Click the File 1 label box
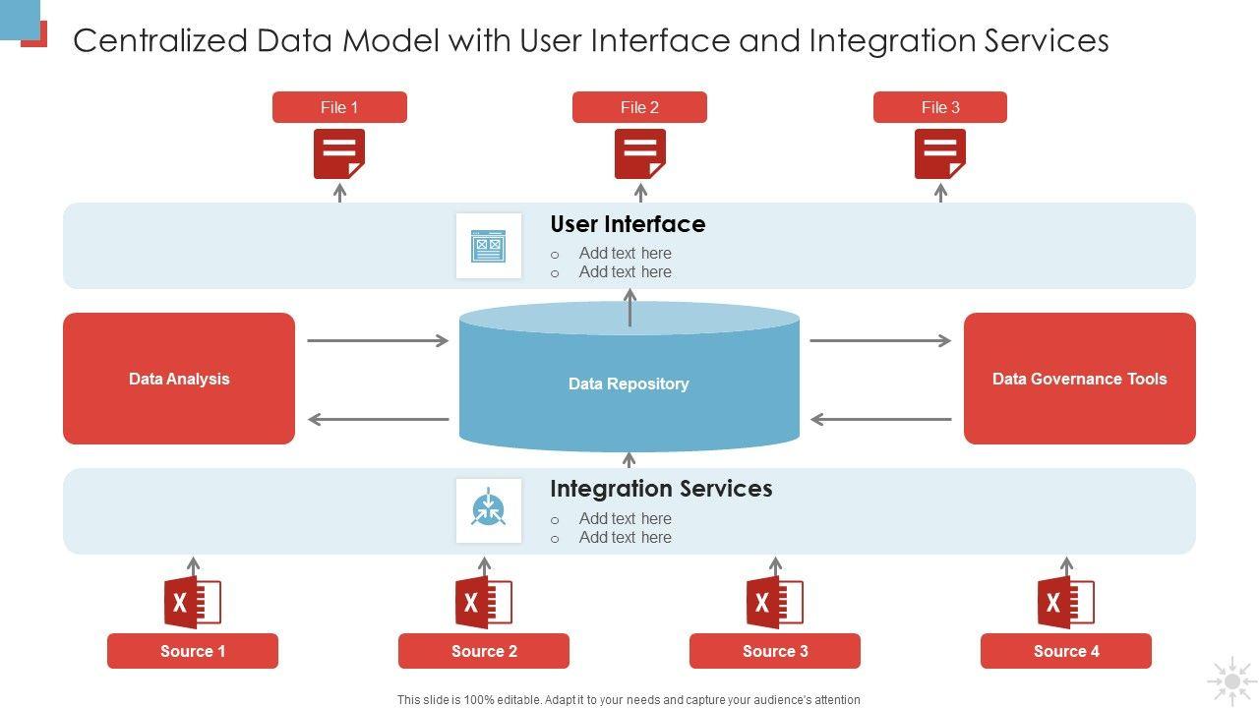point(339,107)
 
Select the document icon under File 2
point(639,154)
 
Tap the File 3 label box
point(939,107)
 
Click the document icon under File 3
point(939,154)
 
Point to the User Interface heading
point(628,224)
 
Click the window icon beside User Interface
point(489,246)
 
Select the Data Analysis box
point(179,379)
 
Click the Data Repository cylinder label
point(629,383)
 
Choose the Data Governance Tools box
point(1080,379)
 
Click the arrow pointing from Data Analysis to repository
point(378,340)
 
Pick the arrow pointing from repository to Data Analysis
point(379,419)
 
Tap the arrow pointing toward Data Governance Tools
point(880,340)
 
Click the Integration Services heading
point(661,489)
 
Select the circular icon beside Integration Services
point(488,508)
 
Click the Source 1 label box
point(193,651)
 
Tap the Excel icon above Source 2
point(484,603)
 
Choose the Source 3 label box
point(775,651)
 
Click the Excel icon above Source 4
point(1066,603)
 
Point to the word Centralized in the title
point(160,40)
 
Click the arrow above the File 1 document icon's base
point(339,192)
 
